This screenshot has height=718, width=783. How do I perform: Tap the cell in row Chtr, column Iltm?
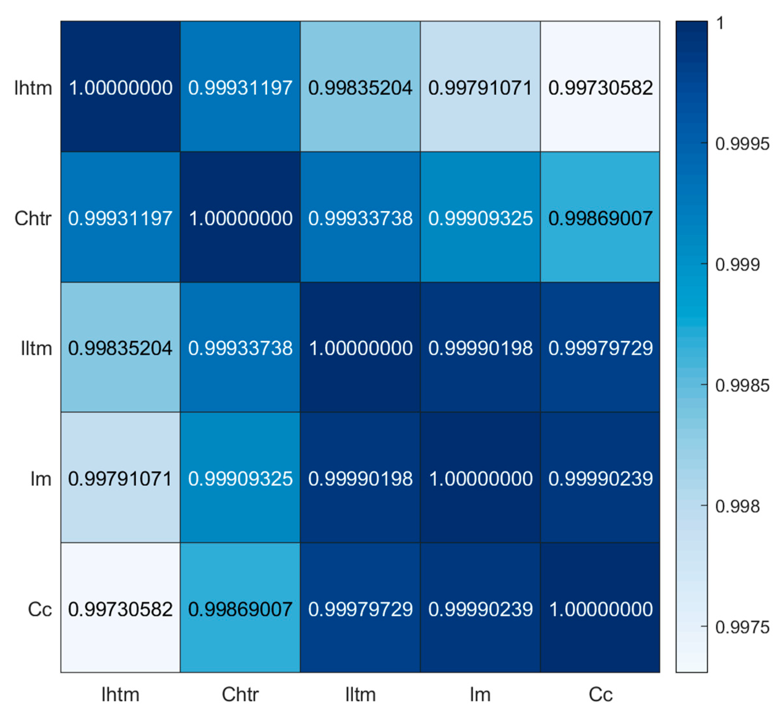[360, 217]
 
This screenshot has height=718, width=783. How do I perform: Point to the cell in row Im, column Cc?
[600, 478]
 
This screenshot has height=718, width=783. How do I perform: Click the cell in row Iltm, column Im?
[480, 348]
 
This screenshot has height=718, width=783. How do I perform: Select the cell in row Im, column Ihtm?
[121, 478]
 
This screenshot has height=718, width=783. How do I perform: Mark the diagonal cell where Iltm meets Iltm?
[360, 348]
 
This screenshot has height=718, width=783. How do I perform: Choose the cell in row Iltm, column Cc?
[600, 348]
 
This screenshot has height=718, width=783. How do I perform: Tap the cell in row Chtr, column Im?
[480, 217]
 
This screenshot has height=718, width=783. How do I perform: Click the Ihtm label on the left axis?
[33, 88]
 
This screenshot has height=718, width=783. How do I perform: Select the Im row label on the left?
[41, 479]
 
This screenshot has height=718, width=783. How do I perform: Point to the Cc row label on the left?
[40, 609]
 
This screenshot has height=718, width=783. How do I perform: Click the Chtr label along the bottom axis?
[240, 694]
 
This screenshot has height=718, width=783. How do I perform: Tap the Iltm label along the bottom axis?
[360, 694]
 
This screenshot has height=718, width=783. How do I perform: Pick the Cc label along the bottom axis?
[600, 694]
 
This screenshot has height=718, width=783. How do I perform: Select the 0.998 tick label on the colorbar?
[737, 506]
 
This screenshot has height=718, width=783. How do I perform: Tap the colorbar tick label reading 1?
[720, 24]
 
